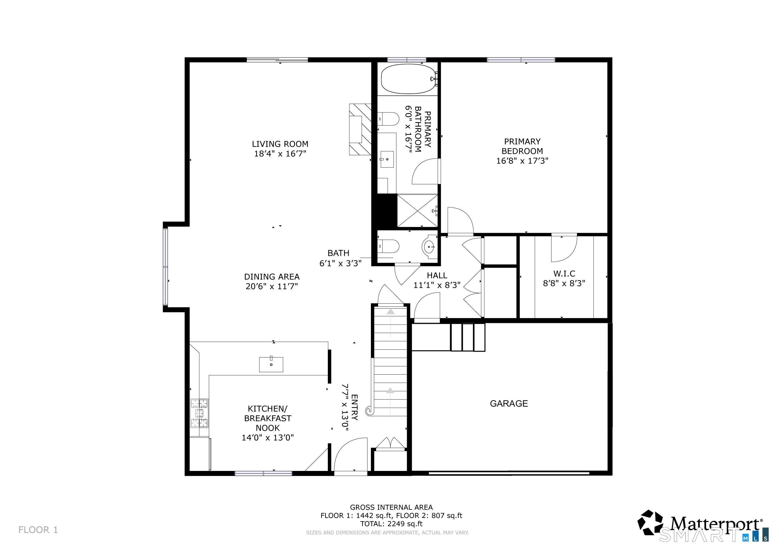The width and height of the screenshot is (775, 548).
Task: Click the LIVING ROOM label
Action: [280, 144]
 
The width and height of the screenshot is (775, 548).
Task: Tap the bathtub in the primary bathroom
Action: [408, 79]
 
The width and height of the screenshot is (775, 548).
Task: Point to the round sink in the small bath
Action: [429, 247]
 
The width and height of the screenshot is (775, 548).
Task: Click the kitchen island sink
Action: [271, 364]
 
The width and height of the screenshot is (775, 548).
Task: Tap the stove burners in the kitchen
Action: [199, 413]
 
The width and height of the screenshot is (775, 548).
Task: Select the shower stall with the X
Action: [417, 211]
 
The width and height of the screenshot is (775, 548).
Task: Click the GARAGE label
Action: [509, 404]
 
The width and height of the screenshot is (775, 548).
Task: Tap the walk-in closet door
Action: [564, 248]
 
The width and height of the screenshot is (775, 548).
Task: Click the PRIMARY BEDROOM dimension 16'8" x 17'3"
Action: [522, 161]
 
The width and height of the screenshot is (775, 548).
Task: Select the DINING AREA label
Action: [272, 277]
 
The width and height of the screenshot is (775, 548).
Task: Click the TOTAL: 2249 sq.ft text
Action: [391, 524]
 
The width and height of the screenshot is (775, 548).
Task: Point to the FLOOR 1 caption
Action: [38, 530]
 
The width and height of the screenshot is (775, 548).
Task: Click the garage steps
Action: [468, 337]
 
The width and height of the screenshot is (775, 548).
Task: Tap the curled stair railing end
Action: [370, 411]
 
